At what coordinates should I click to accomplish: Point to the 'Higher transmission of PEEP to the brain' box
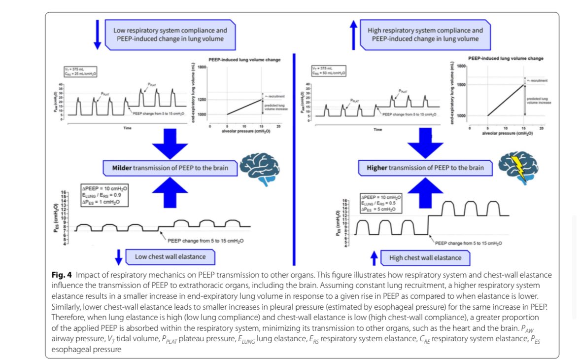(425, 168)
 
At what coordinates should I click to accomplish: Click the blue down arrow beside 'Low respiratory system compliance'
(97, 35)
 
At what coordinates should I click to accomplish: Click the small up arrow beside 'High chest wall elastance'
(374, 257)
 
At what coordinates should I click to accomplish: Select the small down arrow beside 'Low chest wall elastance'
(118, 257)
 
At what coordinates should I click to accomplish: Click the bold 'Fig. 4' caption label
(61, 274)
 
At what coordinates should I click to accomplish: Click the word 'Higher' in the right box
(380, 168)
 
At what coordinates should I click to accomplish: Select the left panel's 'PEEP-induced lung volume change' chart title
(245, 60)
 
